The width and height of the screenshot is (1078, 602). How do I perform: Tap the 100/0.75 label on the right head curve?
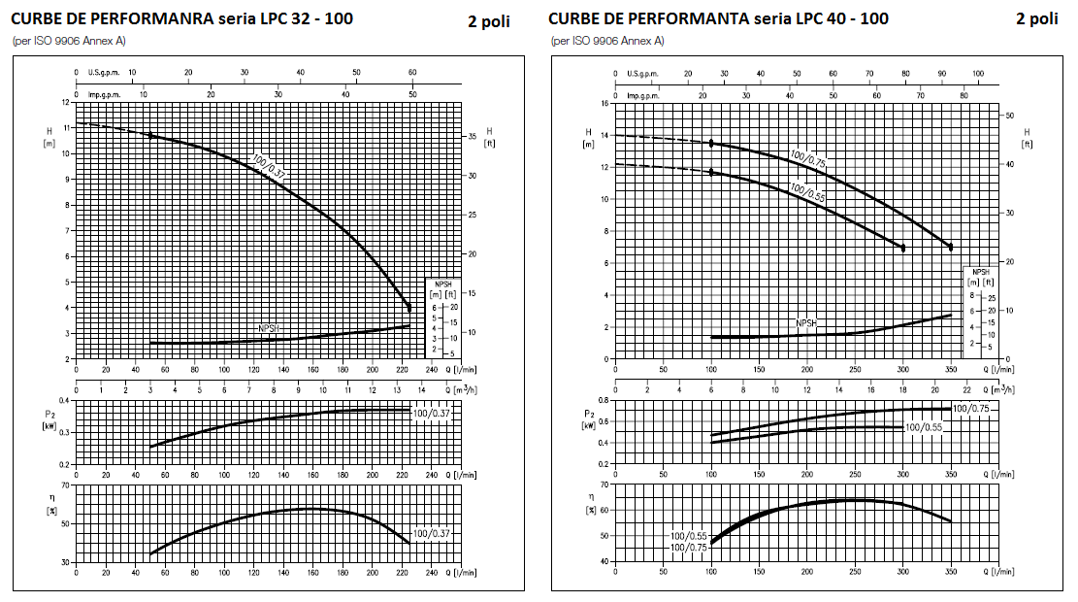coord(807,159)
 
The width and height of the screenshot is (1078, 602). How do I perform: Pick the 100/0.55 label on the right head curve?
coord(806,190)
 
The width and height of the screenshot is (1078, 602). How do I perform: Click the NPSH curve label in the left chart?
coord(271,328)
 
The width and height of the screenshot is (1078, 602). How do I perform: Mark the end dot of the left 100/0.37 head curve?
coord(409,308)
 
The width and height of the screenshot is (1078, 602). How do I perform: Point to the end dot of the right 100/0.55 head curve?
coord(902,248)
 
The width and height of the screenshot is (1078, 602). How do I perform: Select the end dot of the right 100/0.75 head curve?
coord(951,247)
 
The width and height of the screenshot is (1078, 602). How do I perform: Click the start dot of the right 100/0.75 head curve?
coord(711,143)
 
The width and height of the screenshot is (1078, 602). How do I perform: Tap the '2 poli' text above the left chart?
coord(488,21)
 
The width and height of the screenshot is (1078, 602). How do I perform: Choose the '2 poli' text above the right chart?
coord(1037,19)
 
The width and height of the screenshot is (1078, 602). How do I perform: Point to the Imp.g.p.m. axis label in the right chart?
coord(642,96)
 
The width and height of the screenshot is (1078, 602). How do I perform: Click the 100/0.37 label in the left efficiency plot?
coord(431,534)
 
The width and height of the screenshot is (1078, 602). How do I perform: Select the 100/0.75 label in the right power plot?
coord(971,409)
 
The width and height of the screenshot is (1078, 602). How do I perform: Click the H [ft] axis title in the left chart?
coord(489,137)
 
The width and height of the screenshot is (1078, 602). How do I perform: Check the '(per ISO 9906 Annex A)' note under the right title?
coord(608,41)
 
